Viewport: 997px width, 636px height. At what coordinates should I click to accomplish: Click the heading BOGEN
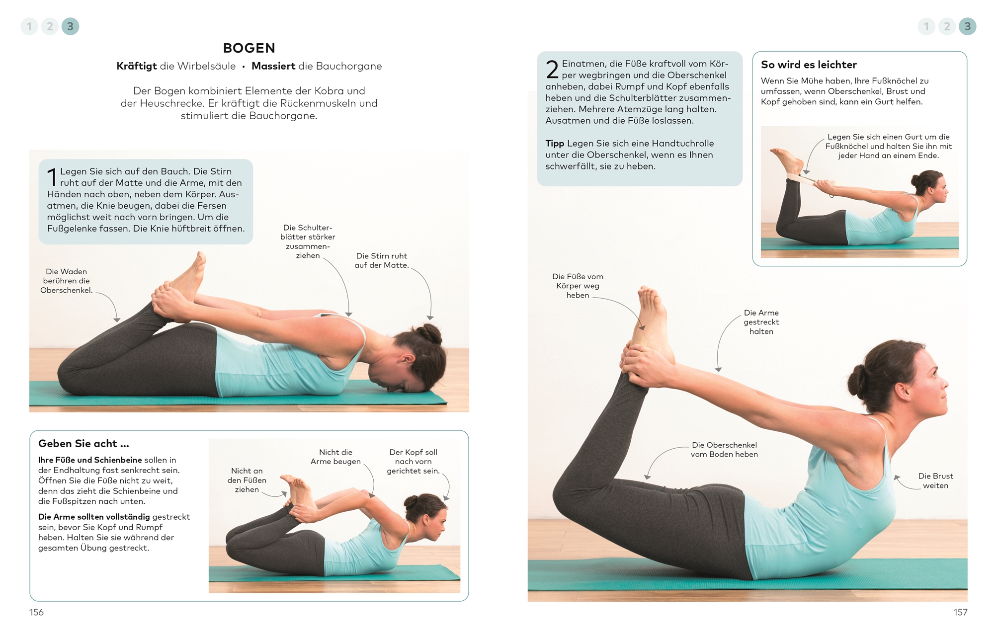[x=249, y=48]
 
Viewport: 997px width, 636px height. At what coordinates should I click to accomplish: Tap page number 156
[x=36, y=612]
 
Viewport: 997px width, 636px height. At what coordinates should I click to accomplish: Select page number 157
[x=960, y=612]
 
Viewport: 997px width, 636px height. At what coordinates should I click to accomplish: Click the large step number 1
[x=52, y=177]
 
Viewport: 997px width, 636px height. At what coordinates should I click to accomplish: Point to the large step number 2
[x=552, y=70]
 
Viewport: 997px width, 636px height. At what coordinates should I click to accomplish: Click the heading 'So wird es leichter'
[x=809, y=65]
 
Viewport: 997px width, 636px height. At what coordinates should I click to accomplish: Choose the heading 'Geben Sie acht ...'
[x=83, y=443]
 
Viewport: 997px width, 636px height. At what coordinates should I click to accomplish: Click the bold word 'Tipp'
[x=555, y=144]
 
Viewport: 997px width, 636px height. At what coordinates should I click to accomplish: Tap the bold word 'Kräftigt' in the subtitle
[x=137, y=66]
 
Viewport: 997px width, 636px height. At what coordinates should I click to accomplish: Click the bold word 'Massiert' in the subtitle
[x=273, y=66]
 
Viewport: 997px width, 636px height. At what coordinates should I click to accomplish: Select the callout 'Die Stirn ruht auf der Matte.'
[x=382, y=260]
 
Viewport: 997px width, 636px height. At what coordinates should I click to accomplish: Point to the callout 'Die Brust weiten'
[x=935, y=480]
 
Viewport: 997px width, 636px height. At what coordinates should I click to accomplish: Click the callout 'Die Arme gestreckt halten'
[x=761, y=322]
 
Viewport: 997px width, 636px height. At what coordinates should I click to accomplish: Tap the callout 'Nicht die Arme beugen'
[x=335, y=457]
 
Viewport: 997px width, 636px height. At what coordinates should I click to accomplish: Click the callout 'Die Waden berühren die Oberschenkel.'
[x=67, y=281]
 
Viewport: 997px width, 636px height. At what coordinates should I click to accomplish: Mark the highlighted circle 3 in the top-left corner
[x=70, y=26]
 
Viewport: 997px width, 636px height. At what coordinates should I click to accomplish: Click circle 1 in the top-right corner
[x=926, y=26]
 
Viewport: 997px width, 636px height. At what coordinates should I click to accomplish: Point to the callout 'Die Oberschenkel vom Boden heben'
[x=724, y=450]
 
